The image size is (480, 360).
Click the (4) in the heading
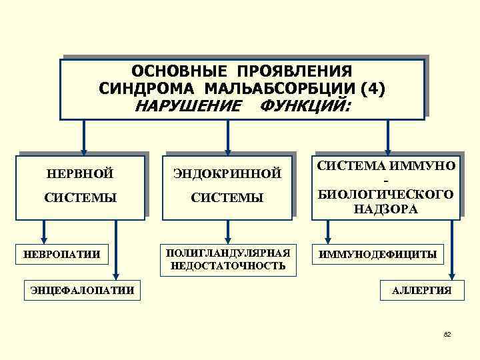tap(371, 88)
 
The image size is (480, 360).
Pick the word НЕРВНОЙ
tap(80, 175)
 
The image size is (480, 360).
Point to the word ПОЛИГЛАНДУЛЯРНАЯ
tap(228, 253)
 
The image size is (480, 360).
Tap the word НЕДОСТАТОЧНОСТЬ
tap(228, 265)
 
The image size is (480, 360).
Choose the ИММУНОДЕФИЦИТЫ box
tap(378, 254)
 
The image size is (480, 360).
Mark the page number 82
tap(447, 333)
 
